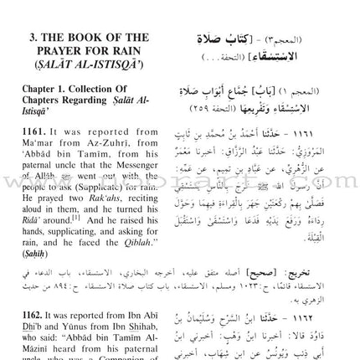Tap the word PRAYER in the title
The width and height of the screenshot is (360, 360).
64,50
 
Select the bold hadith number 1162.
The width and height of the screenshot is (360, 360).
28,311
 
